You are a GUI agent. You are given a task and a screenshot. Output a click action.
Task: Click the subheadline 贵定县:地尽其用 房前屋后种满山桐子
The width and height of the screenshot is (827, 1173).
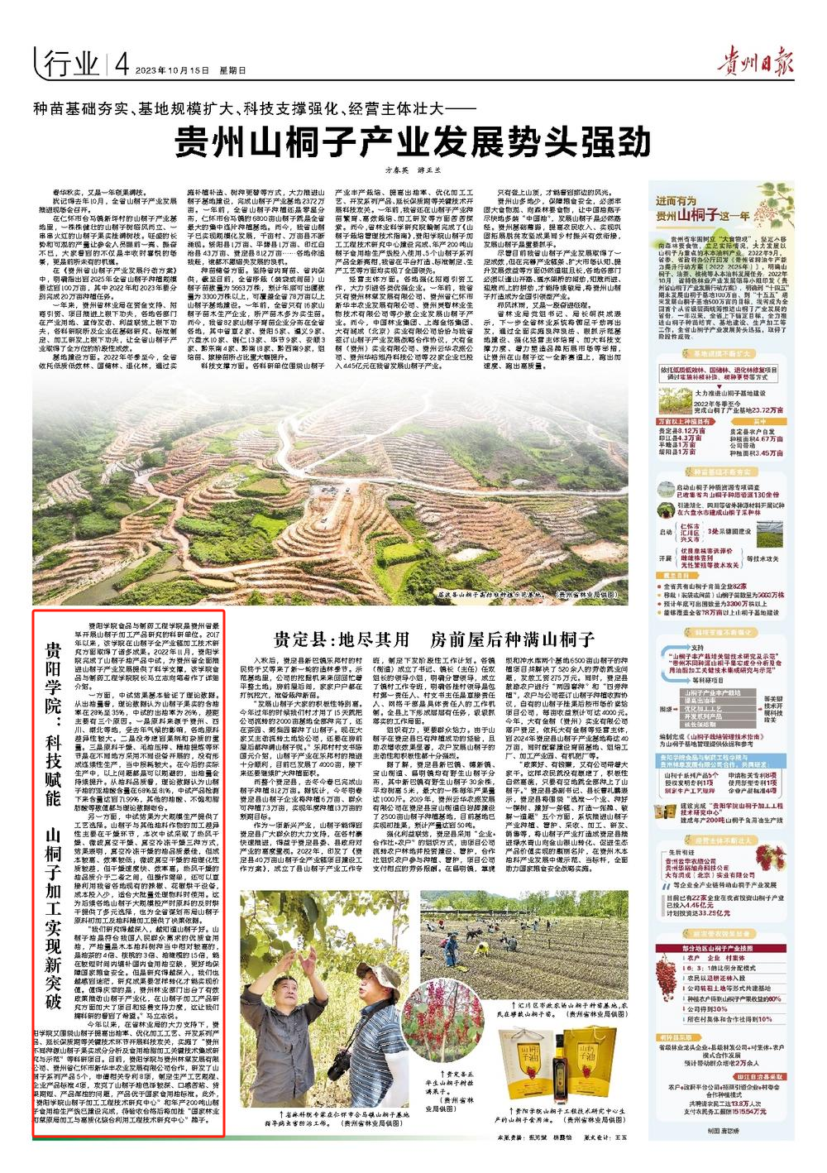434,639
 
